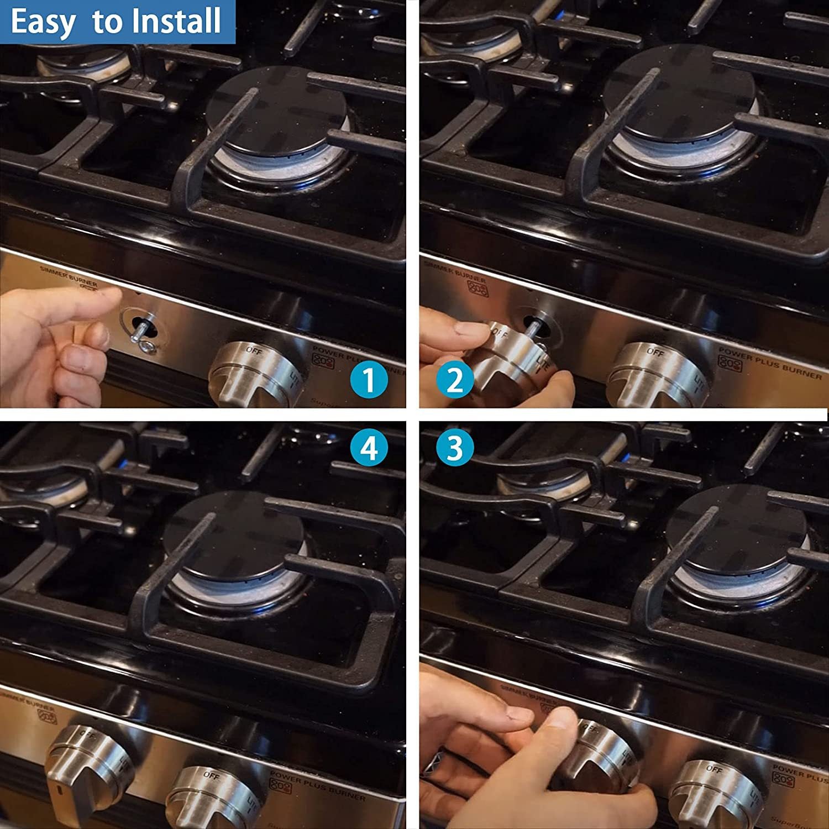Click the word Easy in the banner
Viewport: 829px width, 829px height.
pos(43,22)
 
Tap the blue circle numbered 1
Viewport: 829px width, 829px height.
pos(369,380)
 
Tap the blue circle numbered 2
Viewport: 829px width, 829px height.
pos(455,380)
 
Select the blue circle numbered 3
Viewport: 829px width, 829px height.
pos(454,447)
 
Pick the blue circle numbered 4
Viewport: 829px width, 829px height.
pos(369,448)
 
